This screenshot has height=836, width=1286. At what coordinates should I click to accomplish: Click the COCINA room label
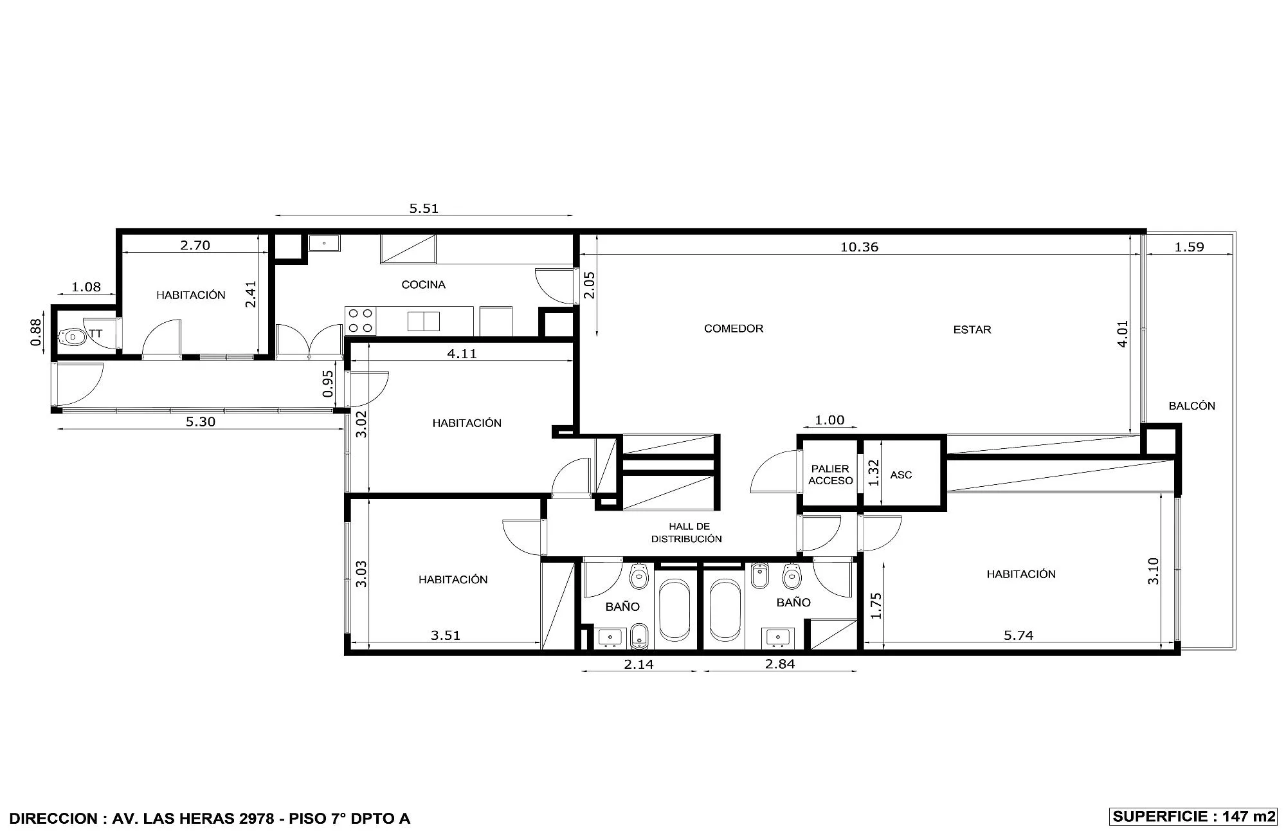[423, 285]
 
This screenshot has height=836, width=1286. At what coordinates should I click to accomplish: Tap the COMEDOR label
[734, 329]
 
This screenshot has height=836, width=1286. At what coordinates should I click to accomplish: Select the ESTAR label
[972, 330]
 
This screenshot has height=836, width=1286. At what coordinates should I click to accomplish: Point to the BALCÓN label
[1191, 406]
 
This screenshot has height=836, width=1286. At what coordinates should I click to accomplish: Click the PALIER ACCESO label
[831, 475]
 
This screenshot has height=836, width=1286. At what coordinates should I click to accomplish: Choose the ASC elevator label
[901, 475]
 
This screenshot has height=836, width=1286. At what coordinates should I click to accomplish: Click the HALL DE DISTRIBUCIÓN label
[687, 533]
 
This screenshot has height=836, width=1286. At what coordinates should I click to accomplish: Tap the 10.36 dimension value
[859, 247]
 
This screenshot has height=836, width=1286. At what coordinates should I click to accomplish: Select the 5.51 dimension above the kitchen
[424, 208]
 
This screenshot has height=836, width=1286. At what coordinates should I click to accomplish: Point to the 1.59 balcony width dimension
[1189, 247]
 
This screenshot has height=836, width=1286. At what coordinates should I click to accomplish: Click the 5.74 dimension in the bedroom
[1019, 635]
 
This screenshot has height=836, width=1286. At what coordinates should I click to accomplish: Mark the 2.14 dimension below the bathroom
[638, 664]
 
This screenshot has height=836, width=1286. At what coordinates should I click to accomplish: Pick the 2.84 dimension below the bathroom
[780, 664]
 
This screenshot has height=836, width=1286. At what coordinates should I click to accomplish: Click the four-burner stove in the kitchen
[361, 321]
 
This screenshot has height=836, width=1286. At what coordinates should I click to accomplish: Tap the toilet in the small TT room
[72, 337]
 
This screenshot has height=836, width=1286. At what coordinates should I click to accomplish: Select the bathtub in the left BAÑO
[675, 610]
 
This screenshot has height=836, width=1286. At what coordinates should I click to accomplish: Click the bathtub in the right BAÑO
[726, 610]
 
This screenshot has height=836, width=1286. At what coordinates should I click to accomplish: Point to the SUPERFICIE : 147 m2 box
[1193, 817]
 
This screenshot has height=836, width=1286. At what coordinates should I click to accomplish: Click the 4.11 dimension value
[462, 354]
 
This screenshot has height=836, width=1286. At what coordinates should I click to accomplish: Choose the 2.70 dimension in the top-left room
[195, 246]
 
